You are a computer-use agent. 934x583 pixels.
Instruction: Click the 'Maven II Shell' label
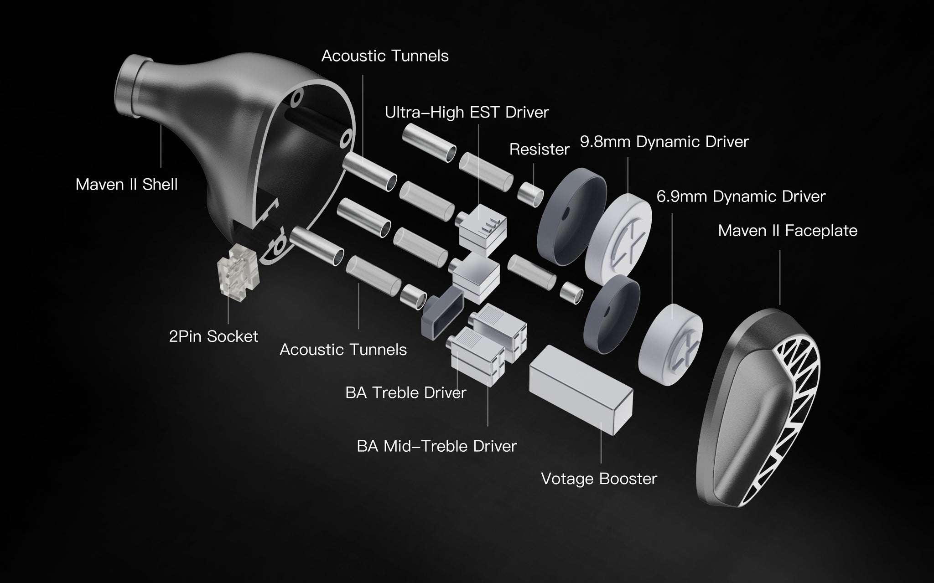click(126, 185)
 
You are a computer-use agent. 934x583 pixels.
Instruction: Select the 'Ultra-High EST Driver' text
click(467, 112)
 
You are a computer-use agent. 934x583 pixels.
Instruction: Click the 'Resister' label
click(539, 150)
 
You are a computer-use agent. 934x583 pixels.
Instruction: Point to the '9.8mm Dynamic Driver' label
click(664, 142)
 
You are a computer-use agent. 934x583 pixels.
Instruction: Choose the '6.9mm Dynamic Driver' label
click(741, 196)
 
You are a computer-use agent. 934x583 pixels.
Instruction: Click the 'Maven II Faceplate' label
click(787, 231)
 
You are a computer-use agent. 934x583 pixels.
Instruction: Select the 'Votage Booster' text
click(598, 479)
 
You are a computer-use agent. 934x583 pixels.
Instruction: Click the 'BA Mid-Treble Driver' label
click(436, 446)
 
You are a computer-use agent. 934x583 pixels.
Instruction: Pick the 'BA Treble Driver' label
click(405, 393)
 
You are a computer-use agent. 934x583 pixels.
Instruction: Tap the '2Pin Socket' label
click(213, 337)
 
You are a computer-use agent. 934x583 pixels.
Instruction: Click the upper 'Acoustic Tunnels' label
click(384, 56)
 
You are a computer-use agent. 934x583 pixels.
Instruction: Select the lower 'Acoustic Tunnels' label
click(343, 350)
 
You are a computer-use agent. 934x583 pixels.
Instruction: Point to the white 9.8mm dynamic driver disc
click(618, 235)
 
